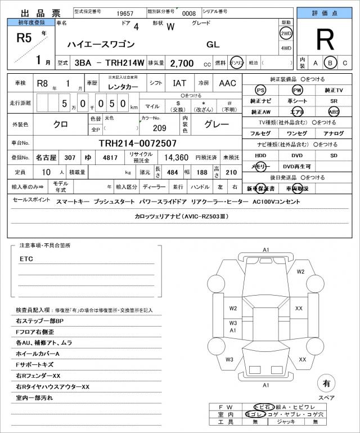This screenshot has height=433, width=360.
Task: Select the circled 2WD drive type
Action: [x=286, y=33]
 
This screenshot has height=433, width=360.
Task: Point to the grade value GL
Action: [x=213, y=44]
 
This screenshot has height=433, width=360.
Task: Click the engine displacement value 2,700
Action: [x=182, y=63]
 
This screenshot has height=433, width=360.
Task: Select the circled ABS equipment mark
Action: [x=334, y=111]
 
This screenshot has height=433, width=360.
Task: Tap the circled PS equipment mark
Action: [x=260, y=90]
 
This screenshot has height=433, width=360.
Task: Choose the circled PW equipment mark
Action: [x=297, y=90]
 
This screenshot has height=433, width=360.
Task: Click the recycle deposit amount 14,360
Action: [x=175, y=157]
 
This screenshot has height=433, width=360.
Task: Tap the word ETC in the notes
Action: [x=27, y=258]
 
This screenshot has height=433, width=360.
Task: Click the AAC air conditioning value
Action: [x=228, y=83]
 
